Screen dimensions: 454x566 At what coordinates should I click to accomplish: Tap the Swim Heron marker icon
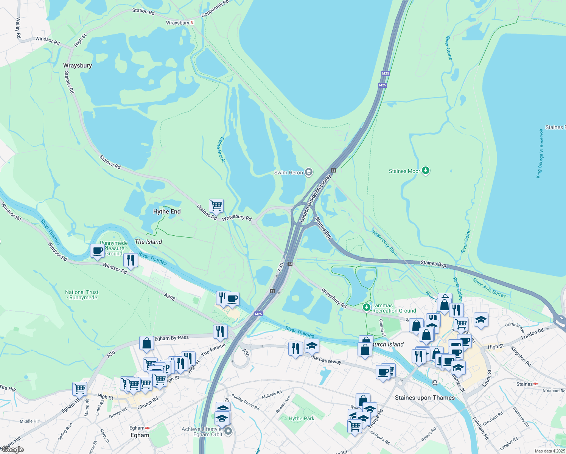click(309, 173)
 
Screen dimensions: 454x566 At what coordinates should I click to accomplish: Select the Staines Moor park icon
click(426, 171)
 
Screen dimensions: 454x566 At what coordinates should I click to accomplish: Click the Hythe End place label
click(167, 211)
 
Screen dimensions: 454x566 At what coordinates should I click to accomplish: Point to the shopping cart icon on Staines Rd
click(216, 206)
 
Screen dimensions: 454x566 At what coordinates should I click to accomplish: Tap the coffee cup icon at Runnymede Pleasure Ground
click(98, 251)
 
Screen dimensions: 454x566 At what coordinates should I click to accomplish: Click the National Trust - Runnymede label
click(82, 295)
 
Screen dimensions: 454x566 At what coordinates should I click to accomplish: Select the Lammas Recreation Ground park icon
click(366, 307)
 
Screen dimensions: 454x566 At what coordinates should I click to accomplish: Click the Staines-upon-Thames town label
click(424, 398)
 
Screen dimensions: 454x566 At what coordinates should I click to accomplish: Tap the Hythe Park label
click(302, 418)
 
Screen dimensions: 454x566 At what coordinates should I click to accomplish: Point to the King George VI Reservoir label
click(540, 153)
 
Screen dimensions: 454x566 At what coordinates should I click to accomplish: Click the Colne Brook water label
click(221, 150)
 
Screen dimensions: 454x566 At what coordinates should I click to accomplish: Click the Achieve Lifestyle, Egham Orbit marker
click(228, 431)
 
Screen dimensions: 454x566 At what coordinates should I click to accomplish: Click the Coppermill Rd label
click(215, 8)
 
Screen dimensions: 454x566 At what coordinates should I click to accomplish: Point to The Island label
click(148, 242)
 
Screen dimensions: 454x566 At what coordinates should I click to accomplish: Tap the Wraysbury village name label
click(78, 65)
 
